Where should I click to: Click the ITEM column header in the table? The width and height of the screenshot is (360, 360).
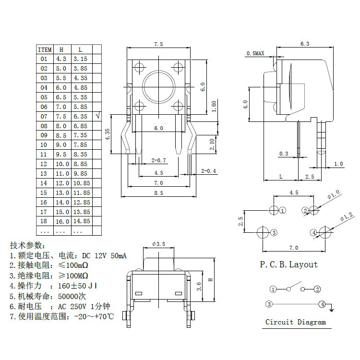point(45,49)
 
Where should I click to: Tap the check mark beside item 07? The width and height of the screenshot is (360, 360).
point(98,116)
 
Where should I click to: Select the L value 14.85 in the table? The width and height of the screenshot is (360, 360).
point(81,221)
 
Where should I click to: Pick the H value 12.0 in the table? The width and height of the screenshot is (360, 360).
point(61,183)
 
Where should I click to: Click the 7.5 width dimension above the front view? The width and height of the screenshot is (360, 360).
point(158,44)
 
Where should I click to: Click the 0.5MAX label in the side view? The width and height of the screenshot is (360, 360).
point(255,53)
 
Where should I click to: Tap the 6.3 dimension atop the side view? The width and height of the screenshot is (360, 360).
point(304,44)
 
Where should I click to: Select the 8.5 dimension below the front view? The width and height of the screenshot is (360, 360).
point(158,193)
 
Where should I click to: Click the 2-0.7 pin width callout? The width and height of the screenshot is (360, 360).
point(158,160)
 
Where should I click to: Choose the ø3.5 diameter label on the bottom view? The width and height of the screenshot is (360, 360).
point(158,244)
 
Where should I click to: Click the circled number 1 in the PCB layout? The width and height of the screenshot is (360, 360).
point(283,210)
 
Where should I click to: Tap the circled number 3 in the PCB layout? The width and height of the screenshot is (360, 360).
point(274,233)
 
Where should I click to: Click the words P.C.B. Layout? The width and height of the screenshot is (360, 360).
point(288,264)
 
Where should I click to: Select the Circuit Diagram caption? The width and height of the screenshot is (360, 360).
point(295,322)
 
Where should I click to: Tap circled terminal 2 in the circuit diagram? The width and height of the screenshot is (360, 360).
point(317,289)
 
